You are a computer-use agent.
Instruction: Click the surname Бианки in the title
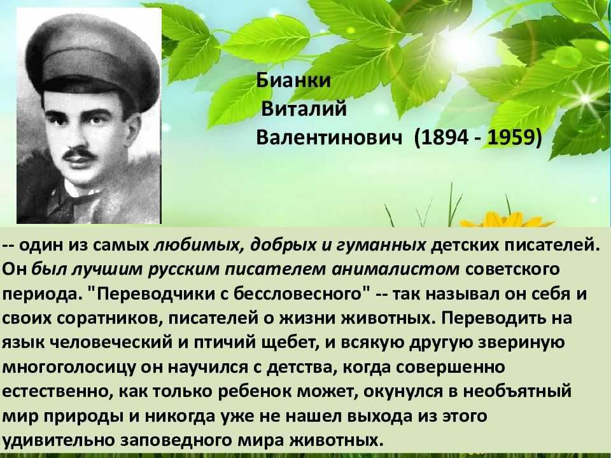(x=293, y=81)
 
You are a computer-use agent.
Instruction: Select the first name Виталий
(x=304, y=109)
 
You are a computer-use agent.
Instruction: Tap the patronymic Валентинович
(x=329, y=137)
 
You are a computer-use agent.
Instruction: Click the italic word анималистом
(x=395, y=269)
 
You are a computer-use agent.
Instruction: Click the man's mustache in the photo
(x=79, y=153)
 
